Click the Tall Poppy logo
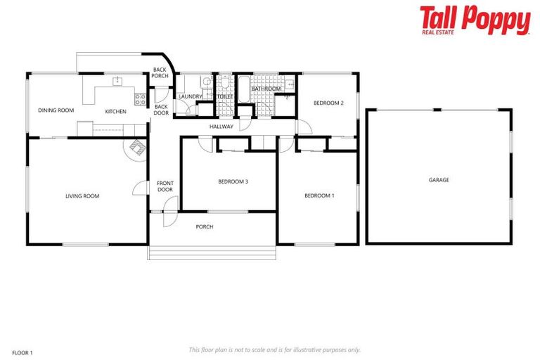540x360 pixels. point(475,20)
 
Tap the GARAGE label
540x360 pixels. point(439,180)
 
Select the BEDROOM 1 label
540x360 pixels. point(319,195)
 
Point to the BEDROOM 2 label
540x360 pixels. point(328,103)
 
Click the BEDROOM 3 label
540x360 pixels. point(233,181)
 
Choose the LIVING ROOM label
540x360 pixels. point(82,196)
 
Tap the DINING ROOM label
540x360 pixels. point(56,110)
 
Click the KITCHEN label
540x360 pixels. point(115,112)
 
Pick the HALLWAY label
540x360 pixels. point(221,127)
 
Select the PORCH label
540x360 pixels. point(205,226)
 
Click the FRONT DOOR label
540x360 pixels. point(165,186)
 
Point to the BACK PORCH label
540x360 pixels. point(160,72)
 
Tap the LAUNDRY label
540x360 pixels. point(190,97)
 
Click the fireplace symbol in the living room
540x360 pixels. point(135,147)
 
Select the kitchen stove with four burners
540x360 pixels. point(140,98)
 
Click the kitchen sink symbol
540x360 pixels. point(117,82)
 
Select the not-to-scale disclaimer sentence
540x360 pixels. point(274,349)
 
